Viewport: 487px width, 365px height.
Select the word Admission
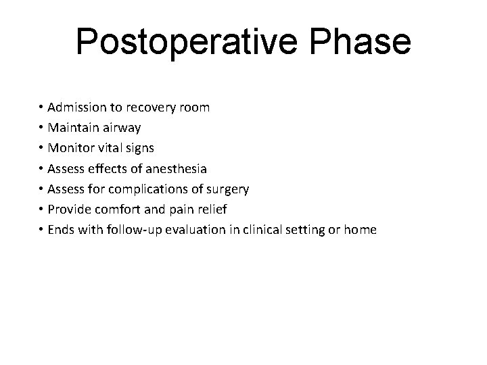tap(76, 107)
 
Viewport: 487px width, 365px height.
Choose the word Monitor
tap(70, 147)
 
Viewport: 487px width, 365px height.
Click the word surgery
tap(227, 189)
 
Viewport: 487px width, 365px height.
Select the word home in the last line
tap(360, 229)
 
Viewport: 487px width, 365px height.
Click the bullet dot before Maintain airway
tap(41, 128)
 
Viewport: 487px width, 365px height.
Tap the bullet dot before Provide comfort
tap(41, 210)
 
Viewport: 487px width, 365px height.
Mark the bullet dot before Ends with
tap(41, 230)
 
